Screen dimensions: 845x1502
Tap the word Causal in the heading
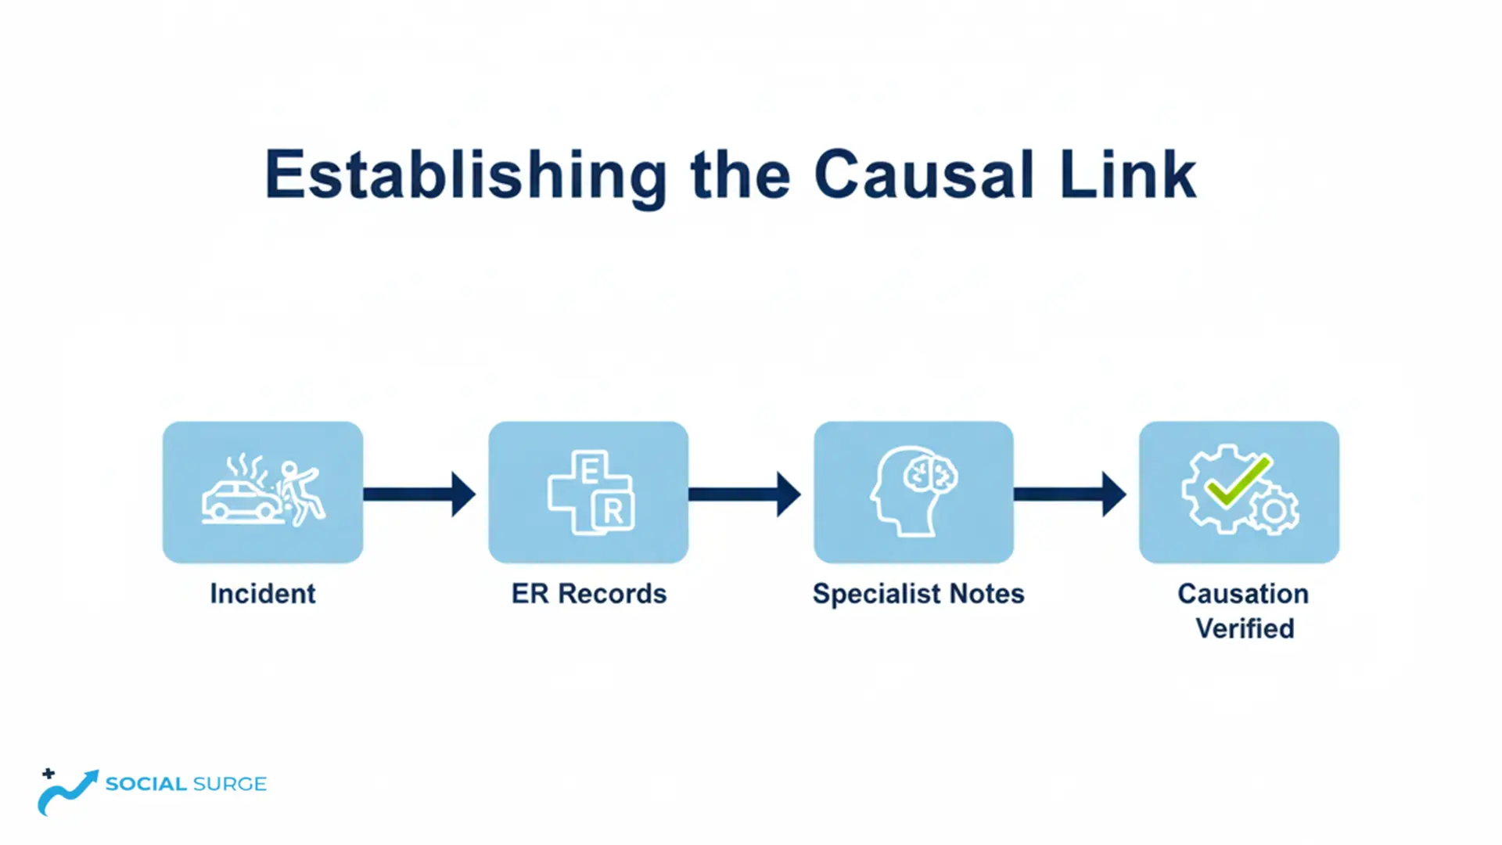coord(924,175)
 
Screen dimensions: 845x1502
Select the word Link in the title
coord(1127,175)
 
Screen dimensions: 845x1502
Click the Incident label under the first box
coord(263,594)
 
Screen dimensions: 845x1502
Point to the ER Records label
coord(589,594)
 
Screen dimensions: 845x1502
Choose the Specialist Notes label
coord(918,594)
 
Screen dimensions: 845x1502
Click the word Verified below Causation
coord(1245,628)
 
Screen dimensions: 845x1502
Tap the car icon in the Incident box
coord(239,502)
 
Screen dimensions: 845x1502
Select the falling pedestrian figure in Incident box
coord(301,493)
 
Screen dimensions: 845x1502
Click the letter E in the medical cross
coord(591,470)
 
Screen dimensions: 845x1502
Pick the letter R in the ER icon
coord(614,512)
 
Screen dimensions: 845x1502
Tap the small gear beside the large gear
coord(1274,512)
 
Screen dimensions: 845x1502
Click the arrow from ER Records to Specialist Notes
coord(745,494)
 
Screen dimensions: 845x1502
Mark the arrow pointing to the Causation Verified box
coord(1070,494)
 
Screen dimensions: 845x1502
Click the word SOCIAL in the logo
coord(146,784)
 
